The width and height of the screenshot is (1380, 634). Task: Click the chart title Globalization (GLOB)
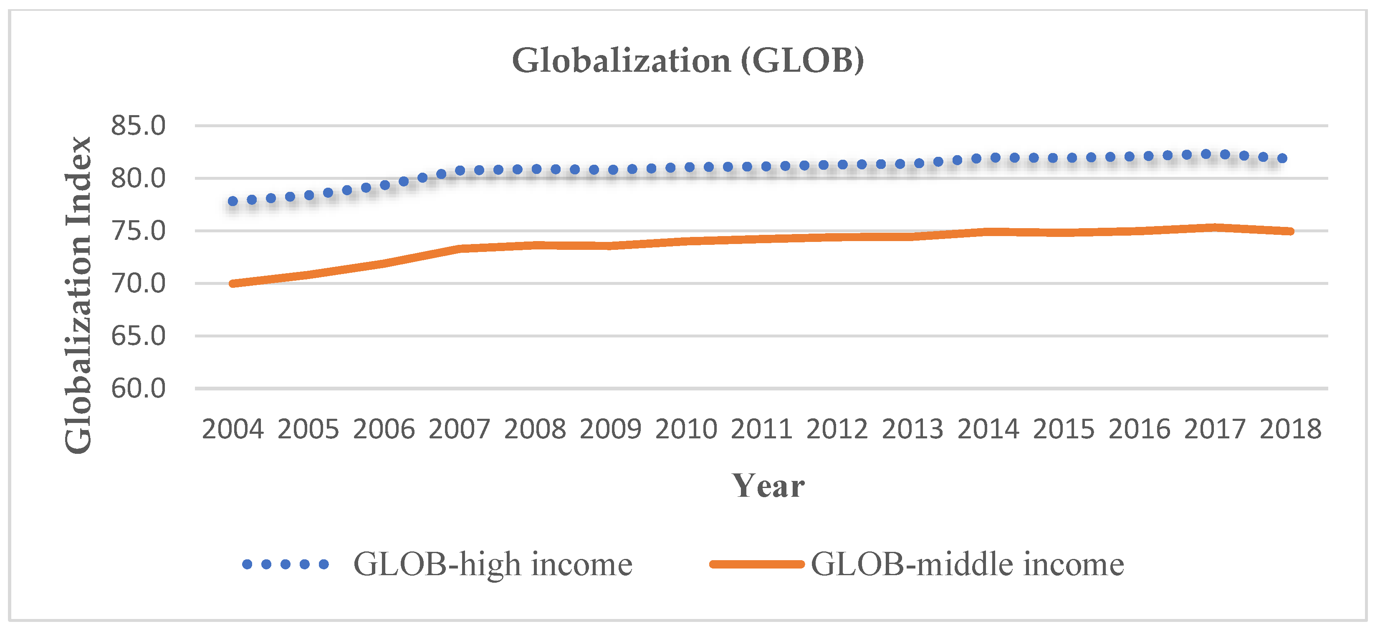click(688, 60)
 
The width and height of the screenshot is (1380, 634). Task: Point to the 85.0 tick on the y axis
click(138, 126)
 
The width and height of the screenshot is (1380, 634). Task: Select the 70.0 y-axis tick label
click(138, 283)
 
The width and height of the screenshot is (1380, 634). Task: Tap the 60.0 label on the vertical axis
click(138, 388)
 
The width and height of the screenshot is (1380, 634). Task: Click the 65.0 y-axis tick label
click(138, 336)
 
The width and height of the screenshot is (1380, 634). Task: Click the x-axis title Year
click(768, 486)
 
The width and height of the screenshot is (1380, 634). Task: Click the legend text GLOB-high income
click(493, 564)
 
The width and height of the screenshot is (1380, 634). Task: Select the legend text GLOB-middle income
click(967, 564)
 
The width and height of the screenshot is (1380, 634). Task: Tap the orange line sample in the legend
click(756, 564)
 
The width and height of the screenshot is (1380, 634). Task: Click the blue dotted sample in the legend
click(285, 564)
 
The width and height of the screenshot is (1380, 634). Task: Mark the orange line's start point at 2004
click(233, 283)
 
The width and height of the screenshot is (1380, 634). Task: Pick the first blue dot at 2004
click(233, 201)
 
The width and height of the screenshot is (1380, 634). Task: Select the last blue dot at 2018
click(1282, 158)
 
